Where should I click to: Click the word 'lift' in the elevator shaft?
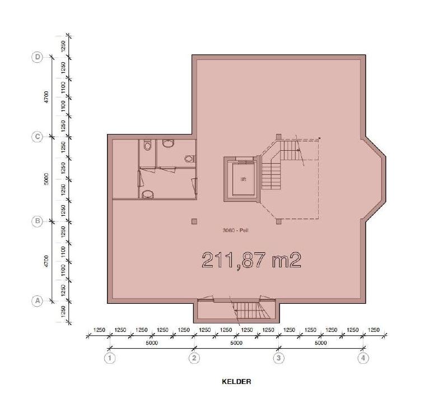click(243, 179)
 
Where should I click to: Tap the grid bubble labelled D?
click(38, 57)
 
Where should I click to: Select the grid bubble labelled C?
click(38, 137)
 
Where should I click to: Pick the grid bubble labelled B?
click(38, 221)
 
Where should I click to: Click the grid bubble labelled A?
click(38, 301)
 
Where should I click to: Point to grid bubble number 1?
click(110, 358)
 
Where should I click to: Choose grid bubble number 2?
click(194, 358)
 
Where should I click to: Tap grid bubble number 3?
click(279, 358)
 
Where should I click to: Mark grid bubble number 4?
click(363, 358)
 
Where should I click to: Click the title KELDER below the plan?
click(236, 382)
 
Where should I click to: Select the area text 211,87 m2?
click(251, 260)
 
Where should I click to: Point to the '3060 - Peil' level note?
click(236, 230)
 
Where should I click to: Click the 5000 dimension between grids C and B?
click(46, 179)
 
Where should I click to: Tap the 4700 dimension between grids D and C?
click(46, 97)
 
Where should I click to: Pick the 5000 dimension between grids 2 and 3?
click(236, 343)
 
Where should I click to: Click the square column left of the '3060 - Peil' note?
click(194, 221)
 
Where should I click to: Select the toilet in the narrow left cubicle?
click(147, 145)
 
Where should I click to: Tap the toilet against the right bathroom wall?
click(190, 159)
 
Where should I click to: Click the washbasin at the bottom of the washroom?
click(148, 194)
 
